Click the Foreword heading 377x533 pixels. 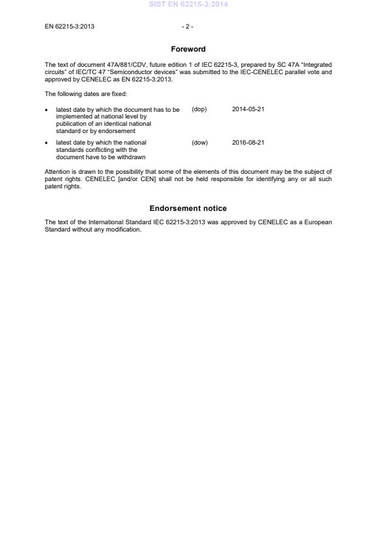click(x=188, y=49)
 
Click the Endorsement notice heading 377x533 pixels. click(x=188, y=208)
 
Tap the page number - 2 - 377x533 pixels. click(x=187, y=27)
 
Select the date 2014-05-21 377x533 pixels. click(x=248, y=109)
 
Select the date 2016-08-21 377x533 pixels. click(x=248, y=143)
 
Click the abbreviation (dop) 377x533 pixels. click(x=199, y=109)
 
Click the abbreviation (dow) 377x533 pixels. click(x=199, y=143)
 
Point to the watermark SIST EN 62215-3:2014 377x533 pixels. click(x=188, y=5)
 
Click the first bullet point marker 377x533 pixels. click(x=47, y=110)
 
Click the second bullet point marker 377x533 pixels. click(x=47, y=143)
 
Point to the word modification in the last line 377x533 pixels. click(x=125, y=230)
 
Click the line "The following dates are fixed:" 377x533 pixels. click(x=85, y=94)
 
